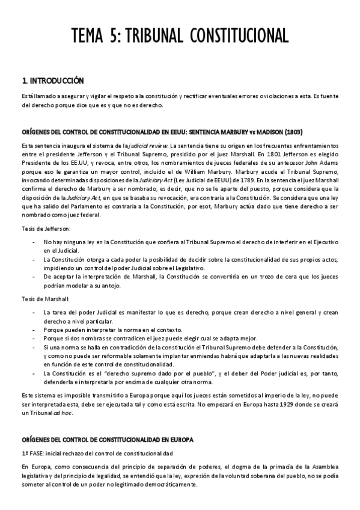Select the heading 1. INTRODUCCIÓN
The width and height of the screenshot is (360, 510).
(x=52, y=80)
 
